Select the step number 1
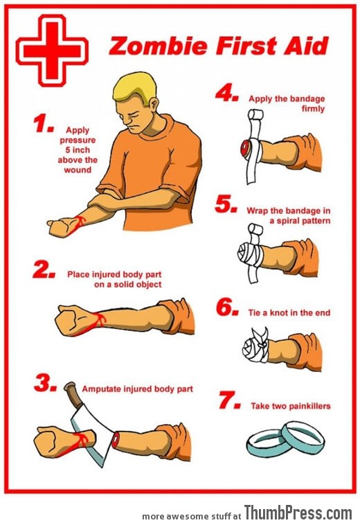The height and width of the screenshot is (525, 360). (44, 125)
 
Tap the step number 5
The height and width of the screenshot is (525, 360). (226, 204)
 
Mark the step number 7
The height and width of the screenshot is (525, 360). (226, 401)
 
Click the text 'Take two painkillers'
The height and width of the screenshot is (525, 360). (290, 406)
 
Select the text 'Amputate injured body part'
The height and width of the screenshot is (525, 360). (137, 389)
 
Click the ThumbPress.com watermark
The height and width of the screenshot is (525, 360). (298, 513)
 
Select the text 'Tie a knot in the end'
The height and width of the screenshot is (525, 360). (289, 313)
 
